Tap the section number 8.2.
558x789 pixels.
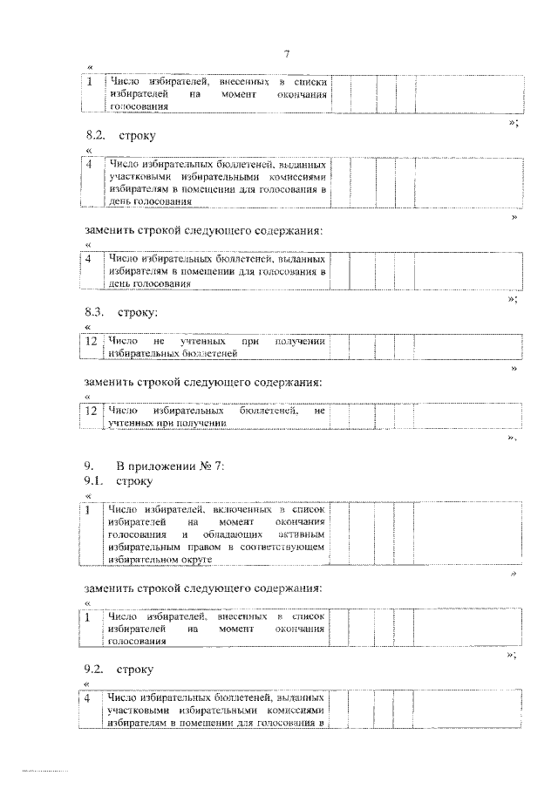94,136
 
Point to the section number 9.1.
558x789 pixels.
94,480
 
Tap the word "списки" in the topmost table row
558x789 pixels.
309,82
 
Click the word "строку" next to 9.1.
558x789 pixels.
133,480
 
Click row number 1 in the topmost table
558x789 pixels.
89,82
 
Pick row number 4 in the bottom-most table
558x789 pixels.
89,698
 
